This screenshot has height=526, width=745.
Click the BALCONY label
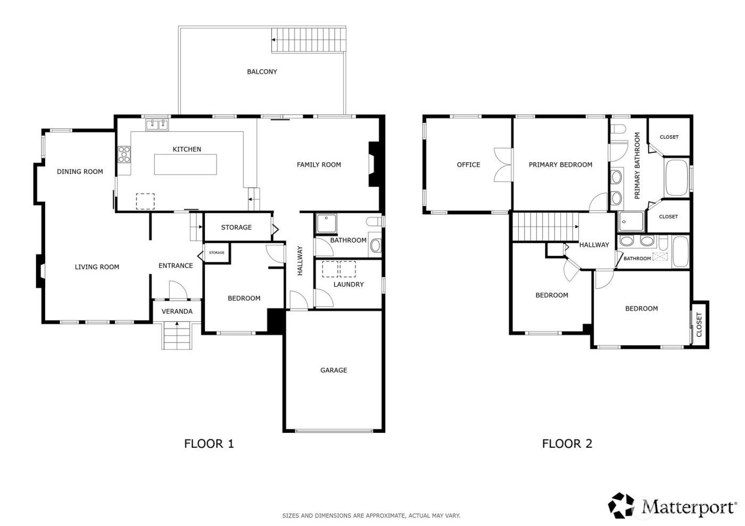coord(262,72)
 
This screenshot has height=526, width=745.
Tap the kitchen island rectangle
coord(186,164)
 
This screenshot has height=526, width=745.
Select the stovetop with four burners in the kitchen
coord(124,154)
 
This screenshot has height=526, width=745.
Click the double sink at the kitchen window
coord(156,125)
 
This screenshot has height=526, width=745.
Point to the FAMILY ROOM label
coord(319,165)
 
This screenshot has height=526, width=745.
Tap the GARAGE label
coord(334,370)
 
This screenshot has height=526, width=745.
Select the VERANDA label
coord(177,311)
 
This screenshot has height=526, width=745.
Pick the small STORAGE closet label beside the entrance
coord(217,253)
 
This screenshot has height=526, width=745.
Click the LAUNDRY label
coord(349,285)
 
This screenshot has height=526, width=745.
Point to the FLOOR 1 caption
coord(209,444)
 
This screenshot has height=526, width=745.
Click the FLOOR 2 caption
coord(567,444)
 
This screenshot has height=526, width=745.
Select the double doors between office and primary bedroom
coord(502,164)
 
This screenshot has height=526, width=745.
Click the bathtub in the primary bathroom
coord(676,177)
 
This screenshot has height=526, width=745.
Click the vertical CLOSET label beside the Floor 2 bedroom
coord(699,324)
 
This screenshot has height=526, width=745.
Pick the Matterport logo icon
coord(622,505)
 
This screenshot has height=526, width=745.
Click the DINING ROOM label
coord(80,172)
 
